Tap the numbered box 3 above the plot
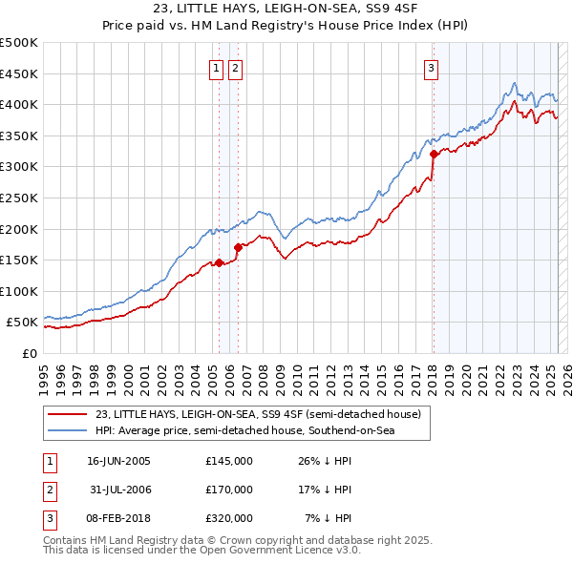432,68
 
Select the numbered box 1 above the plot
218,68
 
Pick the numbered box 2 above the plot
235,68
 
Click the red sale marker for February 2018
434,154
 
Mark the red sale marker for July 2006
238,247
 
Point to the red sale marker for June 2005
219,262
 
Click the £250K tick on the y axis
19,198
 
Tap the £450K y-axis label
19,73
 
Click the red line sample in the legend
67,414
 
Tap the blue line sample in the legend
67,431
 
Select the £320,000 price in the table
228,517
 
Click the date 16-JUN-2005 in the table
118,460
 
